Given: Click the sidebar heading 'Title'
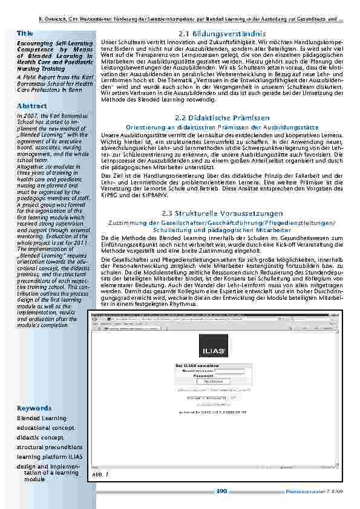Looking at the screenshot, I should [x=25, y=31].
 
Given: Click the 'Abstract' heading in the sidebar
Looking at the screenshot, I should [x=32, y=106].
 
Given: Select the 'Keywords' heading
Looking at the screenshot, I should [x=34, y=408].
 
